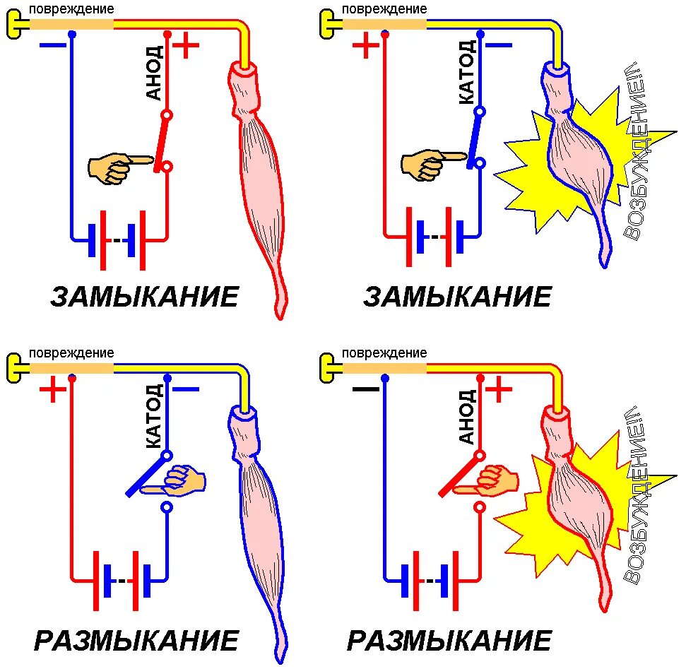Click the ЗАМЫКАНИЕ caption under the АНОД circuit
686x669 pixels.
coord(145,297)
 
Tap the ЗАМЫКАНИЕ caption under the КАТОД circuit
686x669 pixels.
coord(458,297)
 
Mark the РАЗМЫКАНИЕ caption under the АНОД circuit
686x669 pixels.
coord(449,641)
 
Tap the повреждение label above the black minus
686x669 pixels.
coord(384,353)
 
